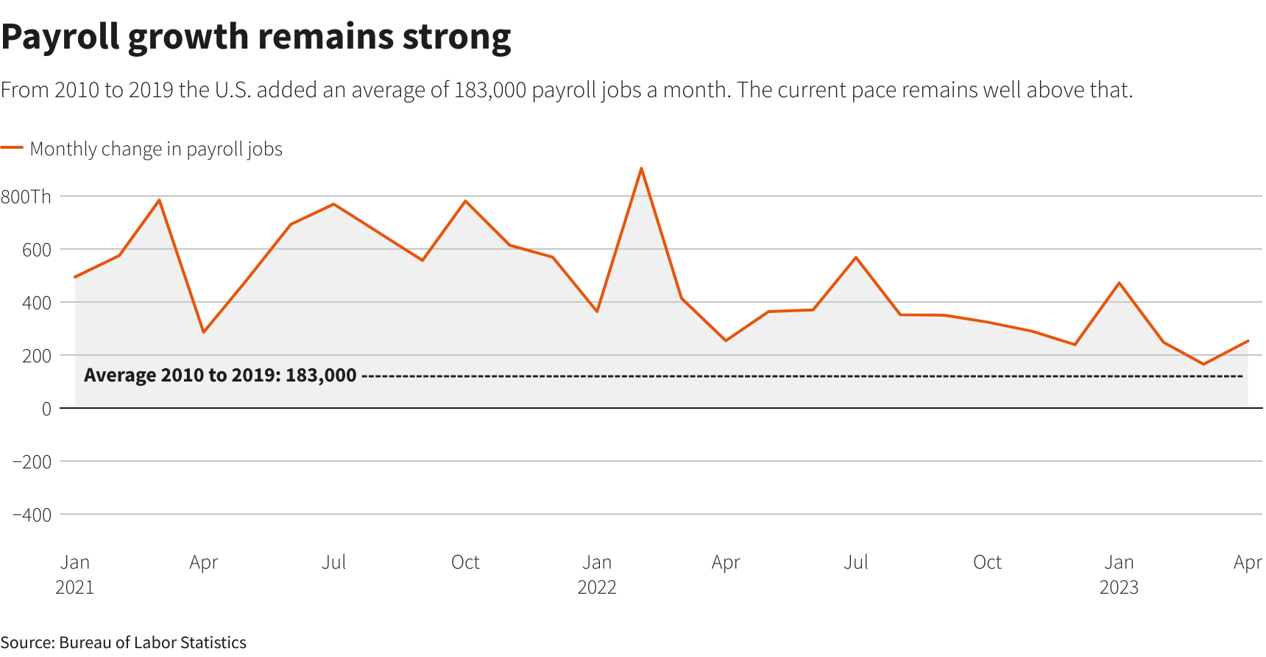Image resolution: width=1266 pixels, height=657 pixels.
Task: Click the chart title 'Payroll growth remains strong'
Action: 255,37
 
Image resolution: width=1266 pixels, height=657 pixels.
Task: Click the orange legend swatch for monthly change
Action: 12,148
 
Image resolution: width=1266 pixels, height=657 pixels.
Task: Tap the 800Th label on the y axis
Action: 26,197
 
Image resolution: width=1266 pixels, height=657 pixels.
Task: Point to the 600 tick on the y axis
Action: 37,250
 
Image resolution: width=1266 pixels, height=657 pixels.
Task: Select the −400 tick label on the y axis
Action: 32,515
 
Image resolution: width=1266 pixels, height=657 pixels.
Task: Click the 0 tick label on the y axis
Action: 46,409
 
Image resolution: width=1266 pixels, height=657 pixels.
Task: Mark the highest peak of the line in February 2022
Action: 641,169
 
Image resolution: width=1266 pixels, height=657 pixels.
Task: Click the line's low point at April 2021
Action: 203,332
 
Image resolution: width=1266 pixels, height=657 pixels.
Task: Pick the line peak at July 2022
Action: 856,257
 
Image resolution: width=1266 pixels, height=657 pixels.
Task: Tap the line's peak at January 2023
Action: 1119,283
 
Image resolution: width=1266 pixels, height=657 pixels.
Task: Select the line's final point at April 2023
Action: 1248,341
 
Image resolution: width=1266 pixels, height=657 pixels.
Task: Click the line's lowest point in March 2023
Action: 1203,364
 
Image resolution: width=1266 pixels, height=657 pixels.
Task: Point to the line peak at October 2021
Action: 465,200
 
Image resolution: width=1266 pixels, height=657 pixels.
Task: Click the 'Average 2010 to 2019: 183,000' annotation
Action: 220,376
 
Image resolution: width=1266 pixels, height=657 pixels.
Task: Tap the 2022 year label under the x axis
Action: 597,587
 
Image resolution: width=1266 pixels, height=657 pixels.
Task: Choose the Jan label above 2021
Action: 75,562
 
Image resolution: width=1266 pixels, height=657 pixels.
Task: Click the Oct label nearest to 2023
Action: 987,562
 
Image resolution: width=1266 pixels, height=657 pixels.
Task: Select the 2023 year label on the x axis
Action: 1119,587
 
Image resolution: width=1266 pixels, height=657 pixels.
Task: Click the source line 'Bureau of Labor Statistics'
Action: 152,642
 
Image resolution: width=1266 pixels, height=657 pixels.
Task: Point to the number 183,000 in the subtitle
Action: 490,90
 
